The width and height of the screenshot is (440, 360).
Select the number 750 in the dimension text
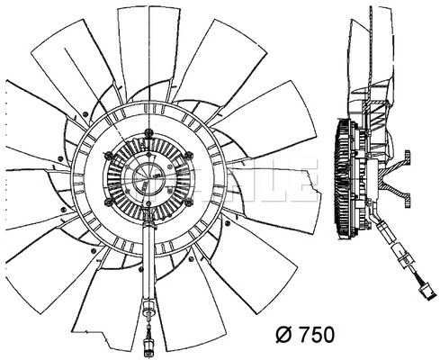click(315, 335)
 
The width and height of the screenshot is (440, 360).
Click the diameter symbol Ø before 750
click(281, 335)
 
